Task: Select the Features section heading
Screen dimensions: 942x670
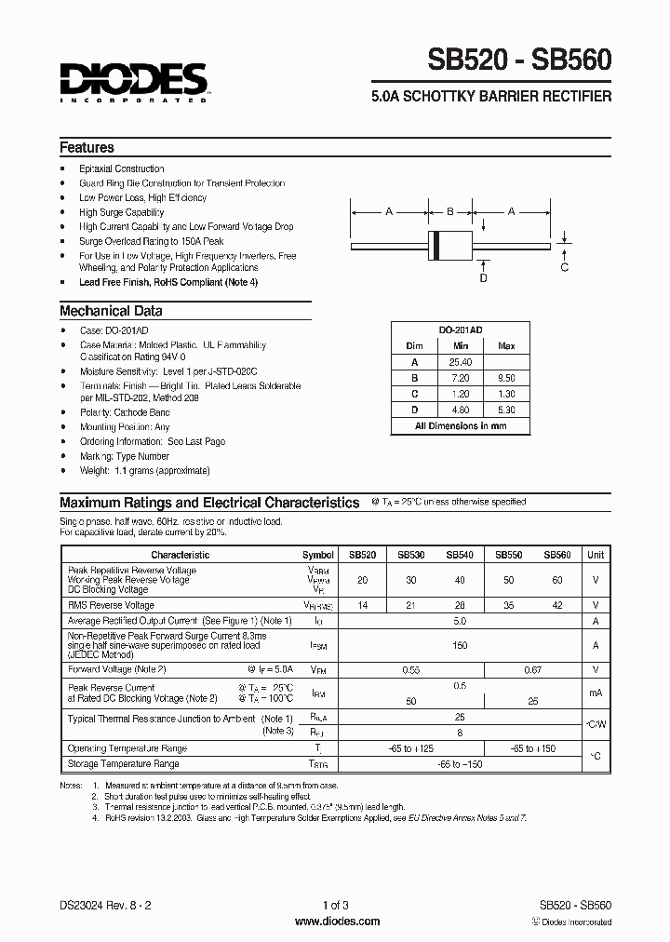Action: coord(87,147)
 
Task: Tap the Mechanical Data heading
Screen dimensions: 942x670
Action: coord(111,311)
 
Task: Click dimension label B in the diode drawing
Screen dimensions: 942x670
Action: coord(449,212)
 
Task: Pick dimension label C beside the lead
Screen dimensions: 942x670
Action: coord(564,268)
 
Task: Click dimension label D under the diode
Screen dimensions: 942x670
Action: coord(483,277)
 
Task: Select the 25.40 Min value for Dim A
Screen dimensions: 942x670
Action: coord(460,362)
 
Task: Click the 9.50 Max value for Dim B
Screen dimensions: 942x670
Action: coord(506,379)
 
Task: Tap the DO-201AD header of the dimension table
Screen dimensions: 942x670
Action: coord(460,330)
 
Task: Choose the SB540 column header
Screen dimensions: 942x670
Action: coord(460,554)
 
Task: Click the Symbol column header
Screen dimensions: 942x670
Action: coord(318,554)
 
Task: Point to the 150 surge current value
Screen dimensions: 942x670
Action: coord(460,644)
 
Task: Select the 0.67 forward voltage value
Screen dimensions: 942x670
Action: coord(533,668)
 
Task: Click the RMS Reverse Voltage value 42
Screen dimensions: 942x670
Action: coord(557,604)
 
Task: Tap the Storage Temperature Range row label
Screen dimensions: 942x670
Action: coord(123,763)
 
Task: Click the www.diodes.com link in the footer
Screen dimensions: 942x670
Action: coord(336,922)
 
